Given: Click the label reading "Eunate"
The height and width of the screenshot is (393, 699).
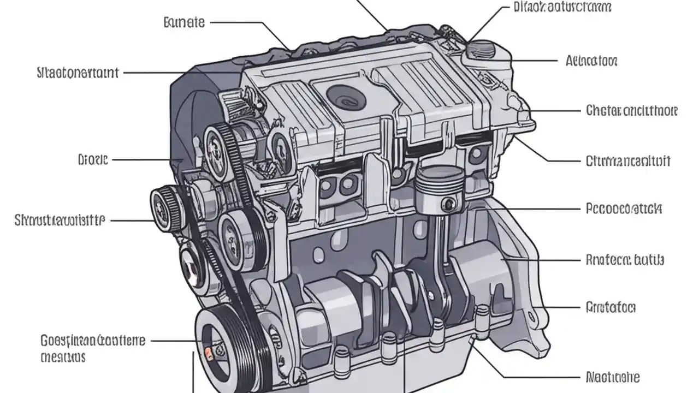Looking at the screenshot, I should click(x=184, y=22).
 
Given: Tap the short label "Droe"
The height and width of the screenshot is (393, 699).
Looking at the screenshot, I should click(x=93, y=160).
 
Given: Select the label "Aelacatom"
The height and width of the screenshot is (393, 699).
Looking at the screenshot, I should click(x=591, y=61).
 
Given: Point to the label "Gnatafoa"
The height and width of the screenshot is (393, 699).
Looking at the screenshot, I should click(x=610, y=307).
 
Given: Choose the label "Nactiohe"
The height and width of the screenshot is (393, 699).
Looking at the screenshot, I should click(x=612, y=377).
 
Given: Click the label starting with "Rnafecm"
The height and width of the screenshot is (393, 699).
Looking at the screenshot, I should click(x=624, y=260).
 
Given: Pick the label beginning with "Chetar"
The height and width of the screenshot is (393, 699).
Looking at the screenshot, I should click(x=631, y=111).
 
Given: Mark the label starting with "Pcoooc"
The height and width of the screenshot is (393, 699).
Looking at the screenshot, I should click(x=624, y=209).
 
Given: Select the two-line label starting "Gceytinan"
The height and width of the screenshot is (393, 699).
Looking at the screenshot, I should click(x=93, y=349).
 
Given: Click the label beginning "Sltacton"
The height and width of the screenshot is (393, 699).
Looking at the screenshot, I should click(x=78, y=73).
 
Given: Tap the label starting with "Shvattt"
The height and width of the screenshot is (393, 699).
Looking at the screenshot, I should click(x=59, y=220).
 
